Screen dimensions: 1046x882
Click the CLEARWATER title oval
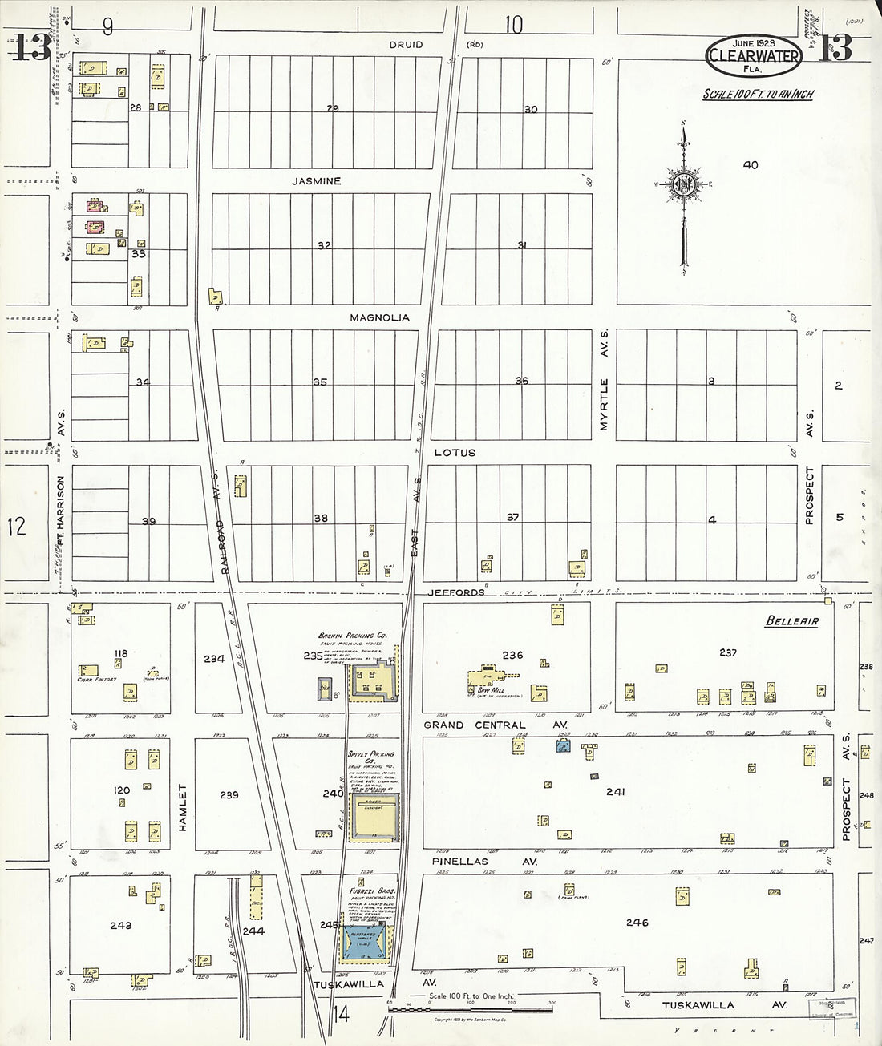(753, 55)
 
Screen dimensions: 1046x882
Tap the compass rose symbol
(683, 184)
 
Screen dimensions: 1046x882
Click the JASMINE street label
(316, 181)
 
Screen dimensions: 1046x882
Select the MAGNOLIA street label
(379, 317)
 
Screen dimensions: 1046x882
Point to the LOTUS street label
(455, 453)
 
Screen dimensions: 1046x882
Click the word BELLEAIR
(791, 620)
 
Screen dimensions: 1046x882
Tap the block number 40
(750, 165)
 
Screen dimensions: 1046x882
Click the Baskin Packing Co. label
(352, 636)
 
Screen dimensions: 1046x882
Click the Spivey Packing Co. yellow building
(373, 817)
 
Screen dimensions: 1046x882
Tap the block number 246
(637, 923)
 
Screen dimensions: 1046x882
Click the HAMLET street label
(182, 806)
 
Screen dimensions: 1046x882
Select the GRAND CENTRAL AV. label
(495, 725)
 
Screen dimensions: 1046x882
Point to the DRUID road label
(406, 45)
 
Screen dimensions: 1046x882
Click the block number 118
(120, 654)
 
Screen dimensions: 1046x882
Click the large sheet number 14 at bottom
(341, 1015)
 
